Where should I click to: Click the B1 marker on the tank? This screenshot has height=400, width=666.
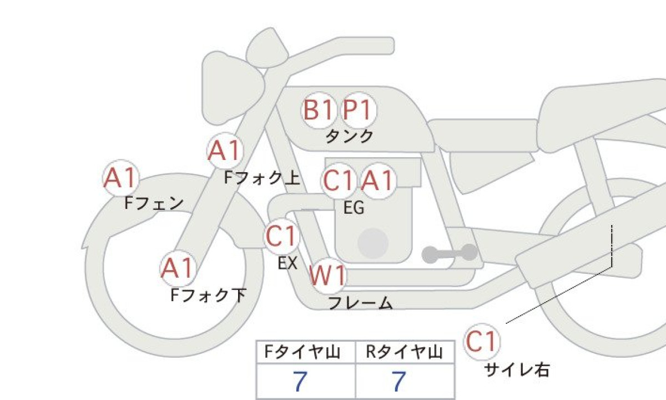pyautogui.click(x=319, y=110)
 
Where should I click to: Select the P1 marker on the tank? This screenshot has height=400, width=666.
pyautogui.click(x=359, y=110)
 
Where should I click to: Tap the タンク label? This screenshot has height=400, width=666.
pyautogui.click(x=349, y=136)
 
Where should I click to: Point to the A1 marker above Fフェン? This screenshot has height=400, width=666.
pyautogui.click(x=121, y=178)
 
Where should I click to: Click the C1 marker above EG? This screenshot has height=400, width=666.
pyautogui.click(x=339, y=181)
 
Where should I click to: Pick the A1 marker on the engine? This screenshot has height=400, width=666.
pyautogui.click(x=378, y=181)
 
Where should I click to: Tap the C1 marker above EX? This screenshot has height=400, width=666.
pyautogui.click(x=281, y=236)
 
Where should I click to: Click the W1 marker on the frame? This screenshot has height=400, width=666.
pyautogui.click(x=327, y=276)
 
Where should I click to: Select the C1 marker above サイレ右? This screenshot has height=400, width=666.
pyautogui.click(x=482, y=342)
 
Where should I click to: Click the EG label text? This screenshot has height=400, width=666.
pyautogui.click(x=354, y=208)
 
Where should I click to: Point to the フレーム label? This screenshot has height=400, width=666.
pyautogui.click(x=361, y=303)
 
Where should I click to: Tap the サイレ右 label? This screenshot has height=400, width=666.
pyautogui.click(x=517, y=370)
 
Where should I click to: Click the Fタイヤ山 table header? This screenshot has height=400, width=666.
pyautogui.click(x=302, y=352)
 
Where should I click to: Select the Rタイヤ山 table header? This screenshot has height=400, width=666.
pyautogui.click(x=405, y=352)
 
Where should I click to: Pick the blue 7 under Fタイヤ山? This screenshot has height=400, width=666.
pyautogui.click(x=300, y=382)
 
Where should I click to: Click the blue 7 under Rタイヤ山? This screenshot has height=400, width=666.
pyautogui.click(x=399, y=382)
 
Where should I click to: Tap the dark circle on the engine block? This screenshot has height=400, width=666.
pyautogui.click(x=373, y=243)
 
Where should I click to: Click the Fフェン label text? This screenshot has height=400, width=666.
pyautogui.click(x=154, y=203)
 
